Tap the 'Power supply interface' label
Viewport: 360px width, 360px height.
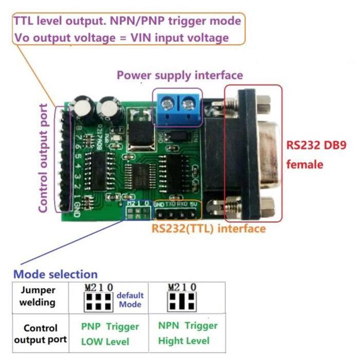click(179, 75)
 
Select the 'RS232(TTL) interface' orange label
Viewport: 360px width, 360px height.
click(208, 228)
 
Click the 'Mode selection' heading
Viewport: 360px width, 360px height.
click(55, 274)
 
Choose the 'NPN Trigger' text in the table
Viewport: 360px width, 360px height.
click(188, 326)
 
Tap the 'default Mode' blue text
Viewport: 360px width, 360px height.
click(130, 300)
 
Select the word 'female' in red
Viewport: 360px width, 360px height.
click(304, 165)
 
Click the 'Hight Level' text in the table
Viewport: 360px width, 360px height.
click(184, 340)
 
